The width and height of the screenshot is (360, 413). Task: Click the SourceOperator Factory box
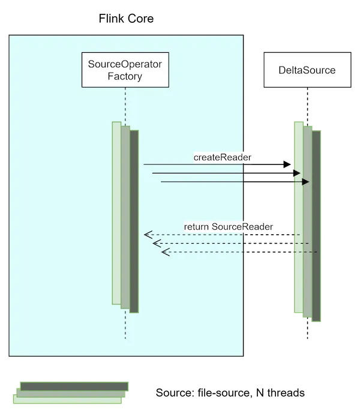point(125,70)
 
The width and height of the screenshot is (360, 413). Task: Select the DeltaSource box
point(307,70)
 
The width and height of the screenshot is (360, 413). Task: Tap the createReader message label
point(223,157)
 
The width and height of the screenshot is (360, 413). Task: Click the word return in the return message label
point(196,226)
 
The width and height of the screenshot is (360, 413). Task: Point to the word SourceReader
point(242,226)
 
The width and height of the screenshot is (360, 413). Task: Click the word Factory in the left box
point(125,76)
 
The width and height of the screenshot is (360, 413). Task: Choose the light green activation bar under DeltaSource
point(298,216)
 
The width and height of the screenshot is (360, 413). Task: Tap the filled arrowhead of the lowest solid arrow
point(305,182)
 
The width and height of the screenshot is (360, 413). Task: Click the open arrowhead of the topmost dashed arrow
point(148,234)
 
